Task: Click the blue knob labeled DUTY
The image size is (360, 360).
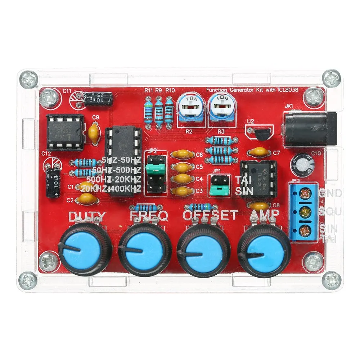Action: [85, 249]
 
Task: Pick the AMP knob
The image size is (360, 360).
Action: [265, 249]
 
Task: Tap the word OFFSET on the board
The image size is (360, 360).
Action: [210, 215]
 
